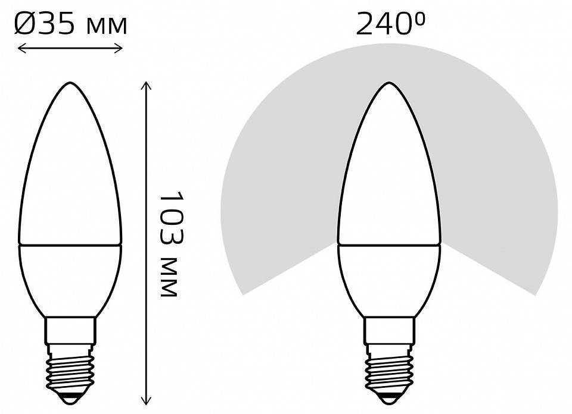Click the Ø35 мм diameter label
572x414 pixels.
70,24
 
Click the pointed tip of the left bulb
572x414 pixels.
70,84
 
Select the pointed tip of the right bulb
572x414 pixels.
388,84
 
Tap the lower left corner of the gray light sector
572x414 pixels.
244,293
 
